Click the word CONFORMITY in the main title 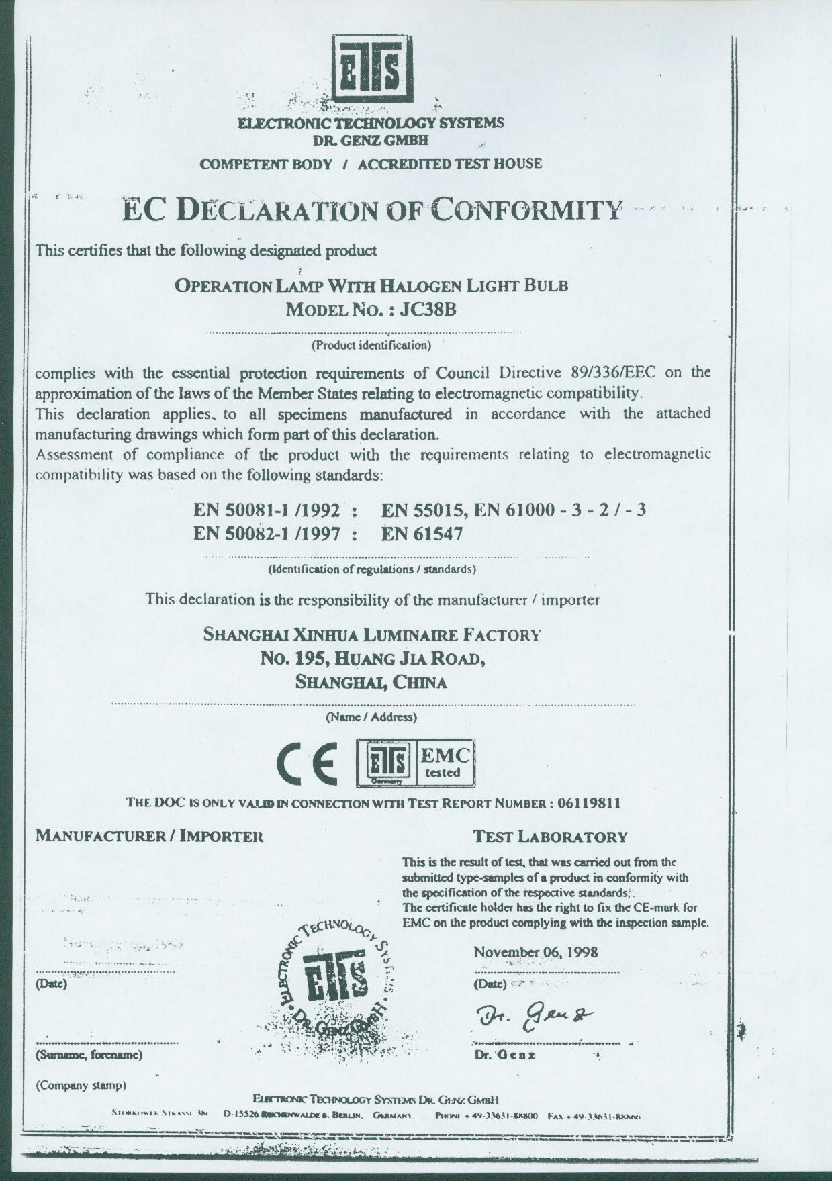click(526, 211)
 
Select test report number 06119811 click(589, 804)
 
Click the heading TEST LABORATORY click(550, 837)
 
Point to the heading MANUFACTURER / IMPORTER click(149, 837)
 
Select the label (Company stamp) click(81, 1086)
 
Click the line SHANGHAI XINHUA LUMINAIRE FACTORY click(371, 634)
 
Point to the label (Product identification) click(371, 346)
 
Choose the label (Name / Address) click(371, 717)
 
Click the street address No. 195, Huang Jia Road click(372, 659)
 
